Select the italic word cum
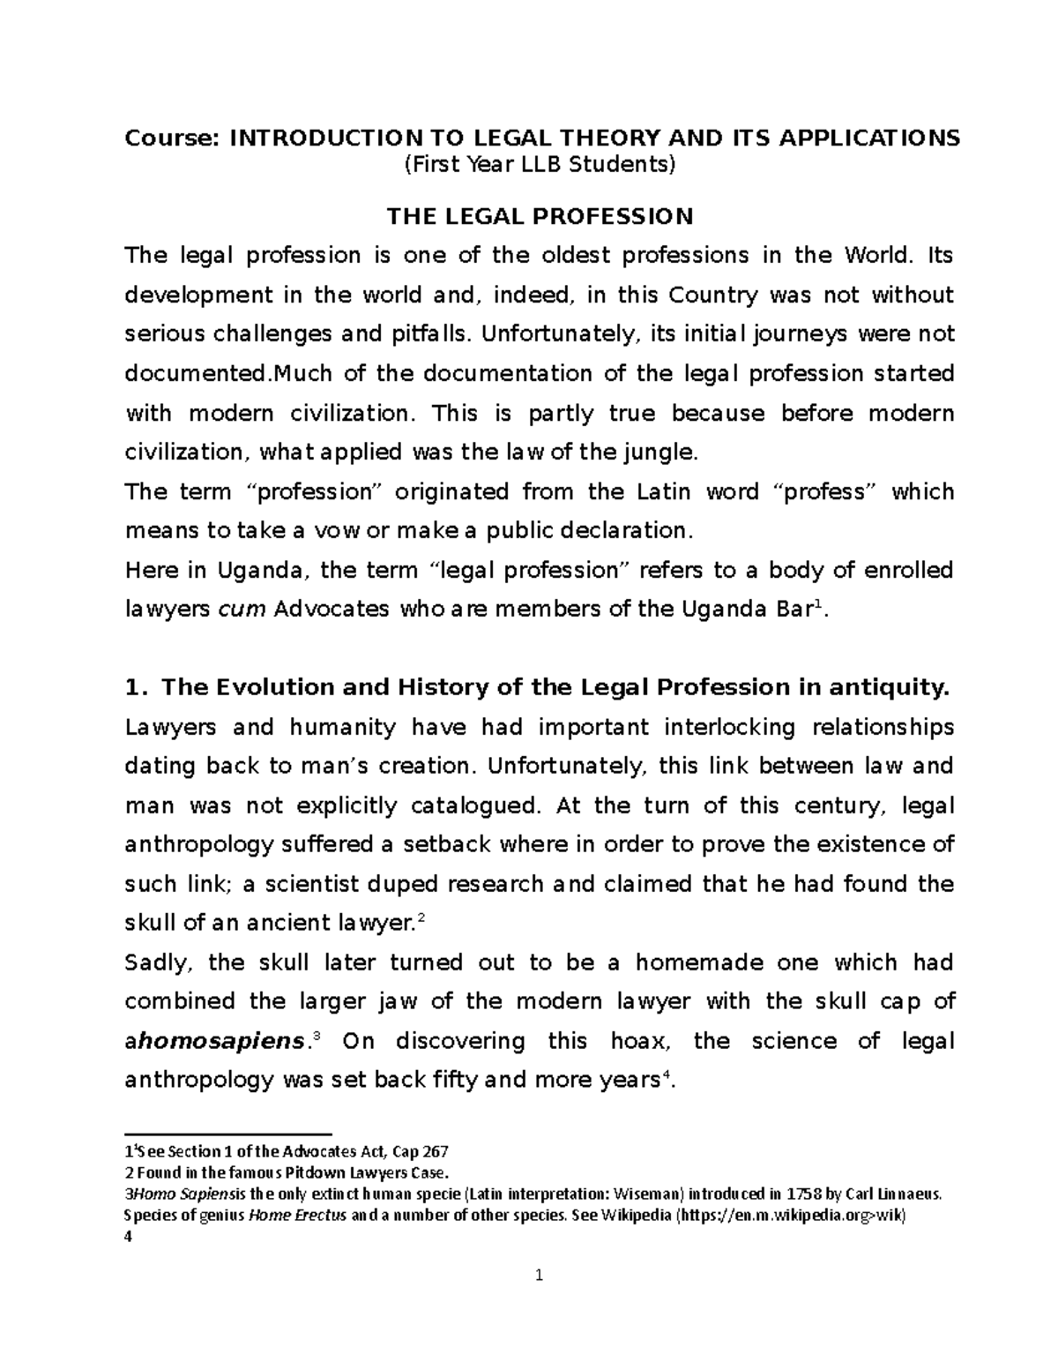242,610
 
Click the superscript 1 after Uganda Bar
820,604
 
